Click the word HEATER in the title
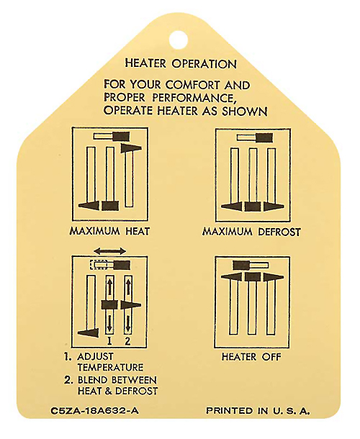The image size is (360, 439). coord(145,63)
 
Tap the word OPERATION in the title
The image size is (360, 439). coord(204,64)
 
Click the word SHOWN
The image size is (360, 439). coord(245,111)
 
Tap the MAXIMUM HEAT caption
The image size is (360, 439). coord(109,231)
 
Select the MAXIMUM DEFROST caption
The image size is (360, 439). coord(251,232)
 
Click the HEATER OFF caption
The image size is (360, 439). coord(251,357)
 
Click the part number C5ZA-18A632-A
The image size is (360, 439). coord(95,411)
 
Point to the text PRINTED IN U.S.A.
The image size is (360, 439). coord(258,411)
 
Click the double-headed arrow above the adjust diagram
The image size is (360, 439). coord(110,250)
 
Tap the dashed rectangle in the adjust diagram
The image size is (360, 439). coord(99,265)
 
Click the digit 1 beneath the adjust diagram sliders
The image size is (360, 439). coord(109,340)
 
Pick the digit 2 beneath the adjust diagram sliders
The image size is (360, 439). coord(127,340)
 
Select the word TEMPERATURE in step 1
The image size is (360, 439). coord(110,367)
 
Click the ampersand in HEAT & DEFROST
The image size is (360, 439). coord(108,391)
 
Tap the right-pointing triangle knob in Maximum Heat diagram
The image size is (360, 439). coord(131,148)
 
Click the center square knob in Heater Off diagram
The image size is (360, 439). coord(253,277)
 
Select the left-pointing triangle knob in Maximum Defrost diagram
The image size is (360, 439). coord(231,207)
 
